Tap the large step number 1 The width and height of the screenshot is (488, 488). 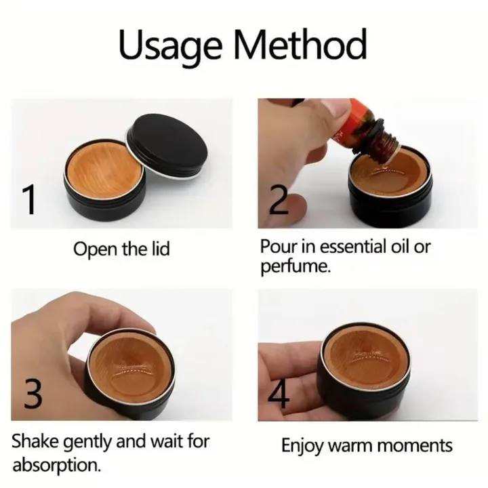point(28,201)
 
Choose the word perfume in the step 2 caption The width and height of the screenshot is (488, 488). point(295,266)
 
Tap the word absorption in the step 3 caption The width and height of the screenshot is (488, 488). point(57,466)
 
